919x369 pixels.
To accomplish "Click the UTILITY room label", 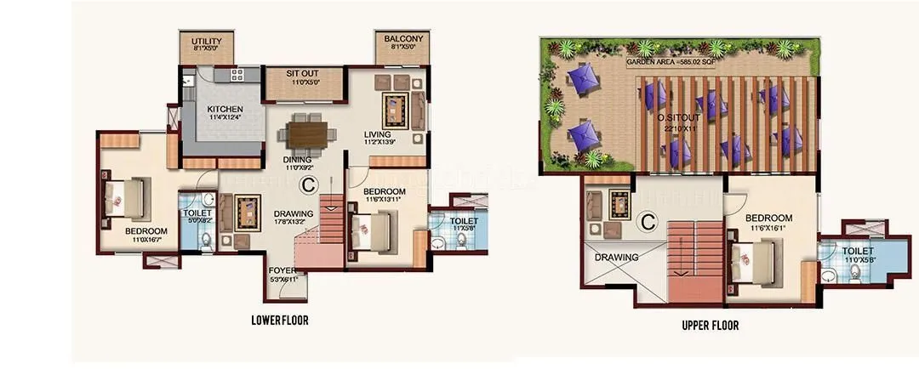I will (206, 42).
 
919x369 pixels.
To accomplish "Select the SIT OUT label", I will (304, 76).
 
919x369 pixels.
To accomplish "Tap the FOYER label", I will (282, 270).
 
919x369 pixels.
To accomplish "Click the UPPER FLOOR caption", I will (710, 325).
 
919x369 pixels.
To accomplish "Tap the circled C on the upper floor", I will (648, 222).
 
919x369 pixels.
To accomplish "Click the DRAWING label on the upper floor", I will (617, 257).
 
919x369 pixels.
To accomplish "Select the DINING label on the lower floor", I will (297, 159).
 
